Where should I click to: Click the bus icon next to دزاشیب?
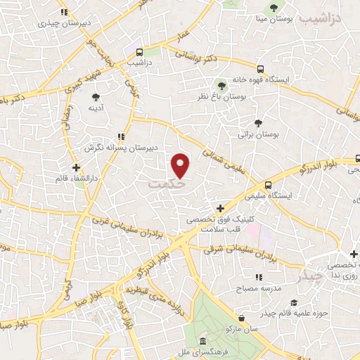pos(140,52)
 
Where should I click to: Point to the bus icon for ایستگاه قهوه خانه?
pos(260,70)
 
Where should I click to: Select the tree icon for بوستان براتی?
pos(258,122)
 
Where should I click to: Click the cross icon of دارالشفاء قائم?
pos(76,167)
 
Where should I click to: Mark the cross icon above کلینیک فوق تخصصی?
pos(221,208)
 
